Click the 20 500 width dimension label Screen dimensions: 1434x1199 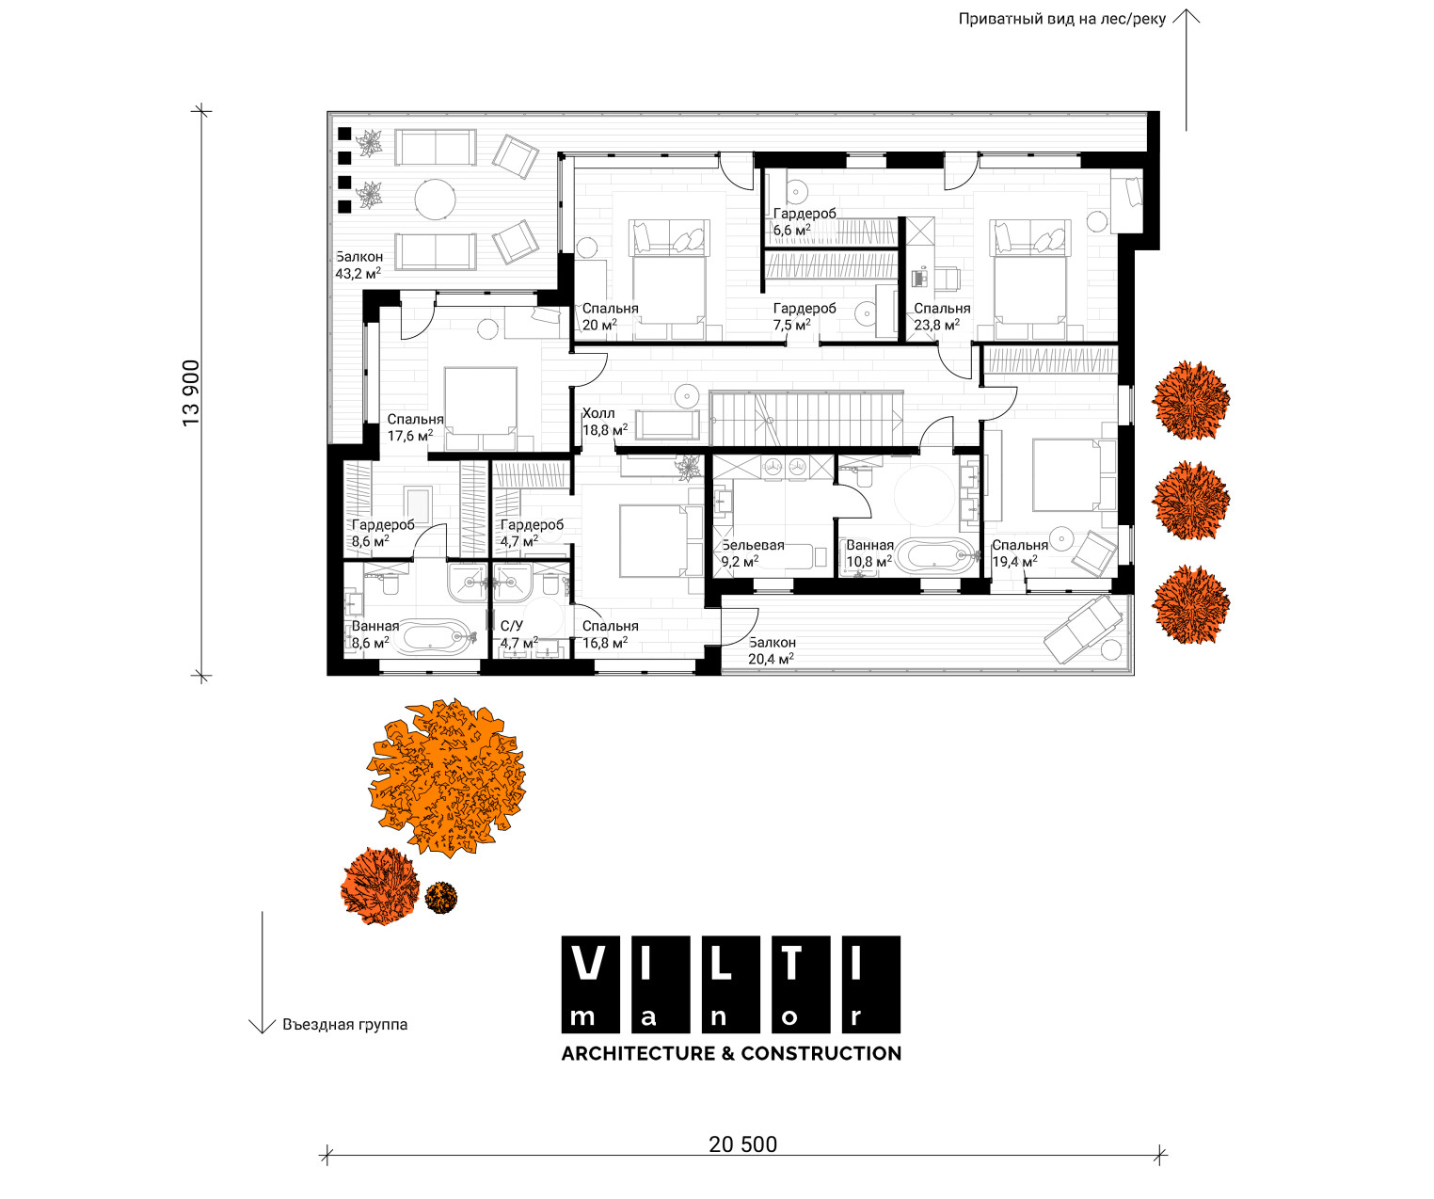[x=742, y=1144]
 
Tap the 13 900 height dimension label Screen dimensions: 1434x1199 [x=191, y=393]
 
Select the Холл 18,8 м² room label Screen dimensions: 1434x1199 [x=605, y=422]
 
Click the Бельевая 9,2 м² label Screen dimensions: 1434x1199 [x=753, y=553]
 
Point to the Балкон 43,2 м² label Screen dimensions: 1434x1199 [x=358, y=265]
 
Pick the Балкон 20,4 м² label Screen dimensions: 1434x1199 [x=772, y=650]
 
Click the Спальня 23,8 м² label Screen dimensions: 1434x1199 [x=942, y=317]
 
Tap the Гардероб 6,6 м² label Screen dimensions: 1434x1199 [x=805, y=222]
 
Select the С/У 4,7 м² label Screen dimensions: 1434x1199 [x=518, y=634]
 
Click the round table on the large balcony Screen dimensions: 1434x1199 [x=436, y=200]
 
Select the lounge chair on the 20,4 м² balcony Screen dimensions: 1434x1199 [x=1083, y=629]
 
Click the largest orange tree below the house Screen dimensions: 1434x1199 [x=446, y=777]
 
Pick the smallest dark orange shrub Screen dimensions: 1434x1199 [x=441, y=897]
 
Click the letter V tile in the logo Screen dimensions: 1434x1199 [x=591, y=983]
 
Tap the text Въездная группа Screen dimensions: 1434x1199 [x=344, y=1025]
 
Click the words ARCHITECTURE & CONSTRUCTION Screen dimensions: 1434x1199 [x=731, y=1053]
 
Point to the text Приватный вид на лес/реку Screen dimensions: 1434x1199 [x=1061, y=19]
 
